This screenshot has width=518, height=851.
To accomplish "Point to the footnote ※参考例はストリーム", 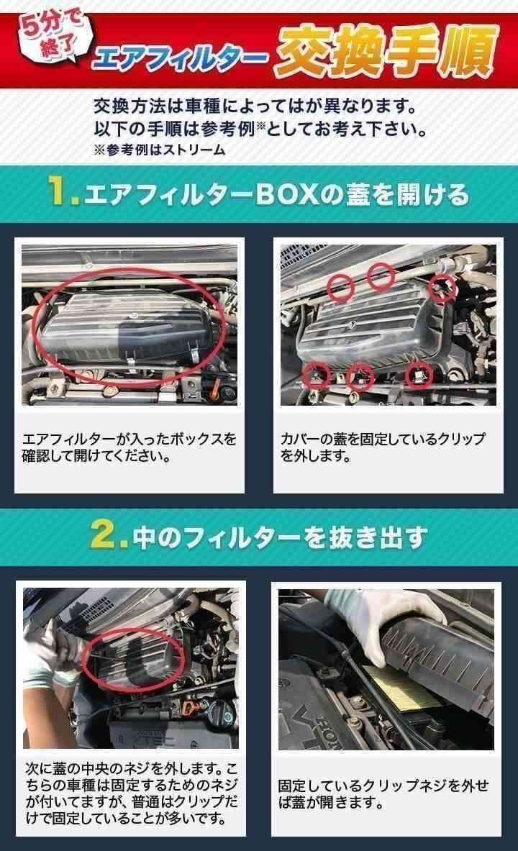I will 159,150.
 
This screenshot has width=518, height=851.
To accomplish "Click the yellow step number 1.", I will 63,194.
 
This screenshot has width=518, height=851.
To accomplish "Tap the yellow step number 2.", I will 109,537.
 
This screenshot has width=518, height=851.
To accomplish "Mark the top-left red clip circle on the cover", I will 341,287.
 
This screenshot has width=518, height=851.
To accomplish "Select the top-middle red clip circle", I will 381,275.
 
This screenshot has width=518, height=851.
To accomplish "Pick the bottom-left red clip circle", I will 316,374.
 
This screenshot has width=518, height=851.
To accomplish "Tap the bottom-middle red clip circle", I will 360,376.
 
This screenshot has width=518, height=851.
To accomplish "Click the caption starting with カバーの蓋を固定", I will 383,447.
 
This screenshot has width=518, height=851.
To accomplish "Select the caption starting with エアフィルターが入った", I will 129,447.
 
